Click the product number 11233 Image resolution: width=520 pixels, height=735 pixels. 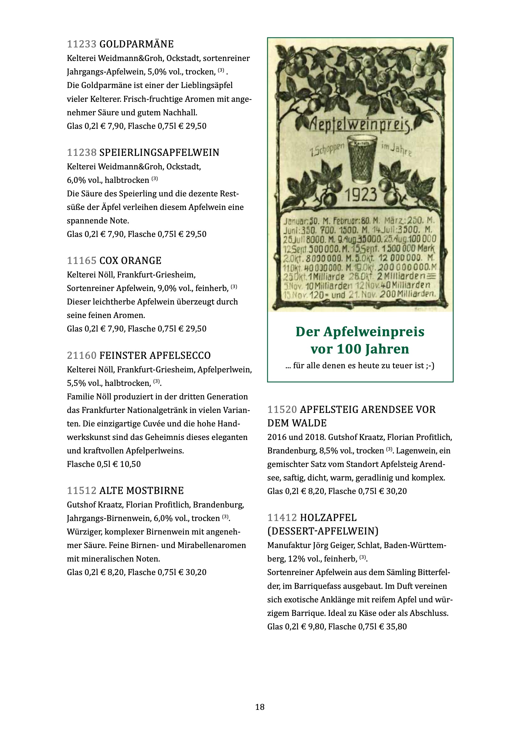(x=82, y=44)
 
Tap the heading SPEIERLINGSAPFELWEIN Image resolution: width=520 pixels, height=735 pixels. (x=159, y=152)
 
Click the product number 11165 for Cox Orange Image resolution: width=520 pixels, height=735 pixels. (x=82, y=261)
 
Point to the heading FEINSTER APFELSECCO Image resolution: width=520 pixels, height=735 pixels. (x=155, y=355)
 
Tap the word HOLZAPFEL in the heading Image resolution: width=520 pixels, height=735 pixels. (x=328, y=518)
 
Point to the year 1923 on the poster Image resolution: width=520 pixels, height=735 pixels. (x=361, y=195)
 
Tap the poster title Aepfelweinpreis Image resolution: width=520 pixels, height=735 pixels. (x=360, y=124)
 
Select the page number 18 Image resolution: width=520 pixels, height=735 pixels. (x=260, y=707)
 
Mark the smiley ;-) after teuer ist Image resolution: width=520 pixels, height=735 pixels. (x=430, y=365)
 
